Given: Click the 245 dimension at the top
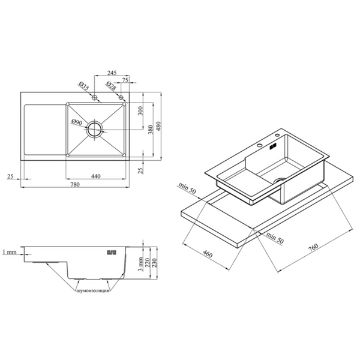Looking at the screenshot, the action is tap(112, 73).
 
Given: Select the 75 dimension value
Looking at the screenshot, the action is tap(125, 80).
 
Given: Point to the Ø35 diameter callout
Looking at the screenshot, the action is tap(83, 86).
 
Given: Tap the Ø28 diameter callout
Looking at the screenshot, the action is tap(111, 86).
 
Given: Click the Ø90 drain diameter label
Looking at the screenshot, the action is tap(76, 122).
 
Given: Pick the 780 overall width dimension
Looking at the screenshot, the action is tap(75, 184).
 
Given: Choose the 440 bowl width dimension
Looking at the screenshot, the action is tap(96, 176).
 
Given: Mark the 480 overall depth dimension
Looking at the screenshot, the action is tap(158, 126).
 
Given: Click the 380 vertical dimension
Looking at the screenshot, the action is tap(151, 130).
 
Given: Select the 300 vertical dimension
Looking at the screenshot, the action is tap(140, 110).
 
